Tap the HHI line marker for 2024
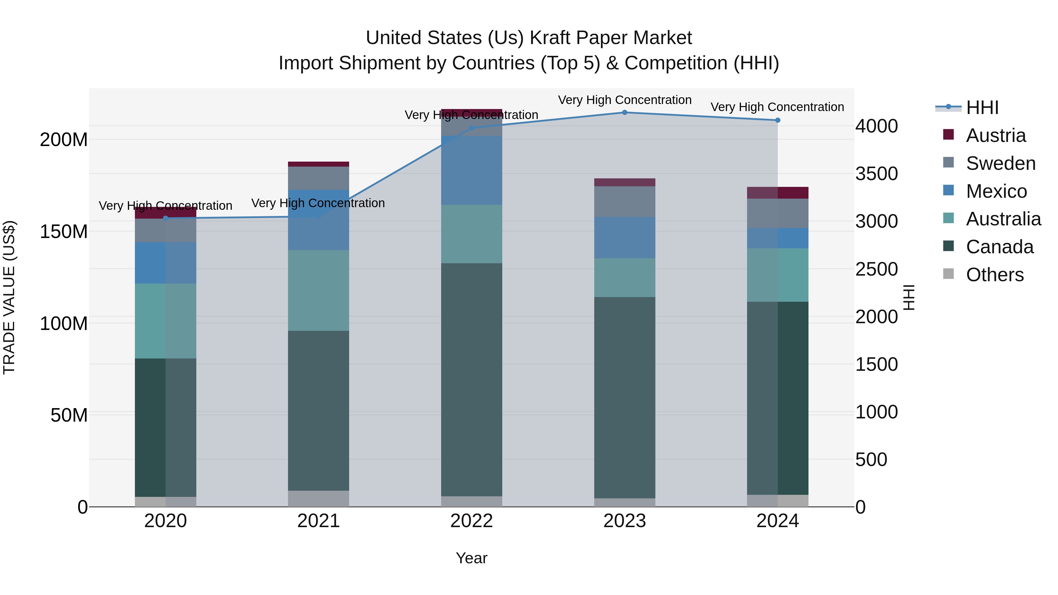[777, 120]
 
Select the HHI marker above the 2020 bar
[165, 218]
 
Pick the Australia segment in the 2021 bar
[318, 290]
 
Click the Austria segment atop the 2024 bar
[777, 192]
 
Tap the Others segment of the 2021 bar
[318, 499]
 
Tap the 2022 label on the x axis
[471, 521]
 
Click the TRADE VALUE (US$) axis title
[9, 297]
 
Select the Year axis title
[471, 558]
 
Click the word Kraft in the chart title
[550, 38]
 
